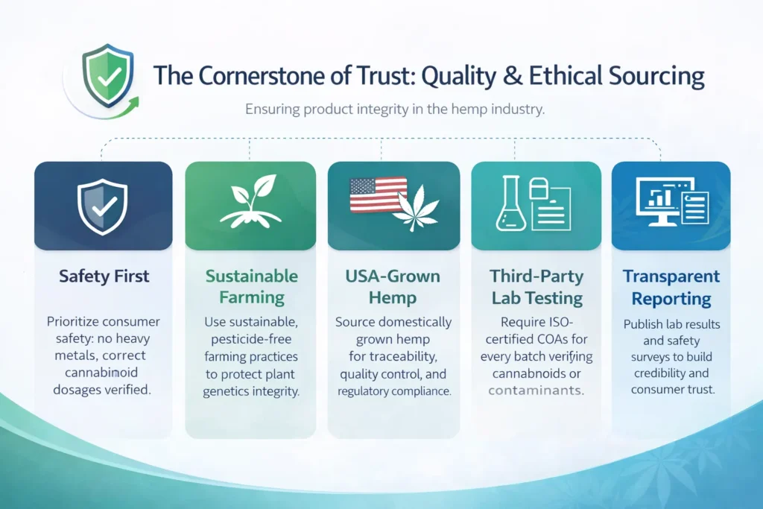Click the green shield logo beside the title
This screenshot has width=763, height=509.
107,75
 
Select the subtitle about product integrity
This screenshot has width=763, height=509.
395,109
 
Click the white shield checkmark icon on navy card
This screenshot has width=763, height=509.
102,207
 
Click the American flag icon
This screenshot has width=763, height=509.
378,195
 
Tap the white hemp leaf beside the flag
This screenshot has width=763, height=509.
417,207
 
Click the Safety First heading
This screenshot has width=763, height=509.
104,276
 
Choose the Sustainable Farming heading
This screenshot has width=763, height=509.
252,287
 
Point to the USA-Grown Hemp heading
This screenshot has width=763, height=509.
393,287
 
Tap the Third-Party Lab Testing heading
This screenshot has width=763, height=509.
536,287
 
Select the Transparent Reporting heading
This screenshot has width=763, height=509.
671,287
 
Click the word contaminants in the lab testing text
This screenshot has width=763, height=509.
535,391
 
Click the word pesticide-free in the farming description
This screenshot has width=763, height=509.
251,339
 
